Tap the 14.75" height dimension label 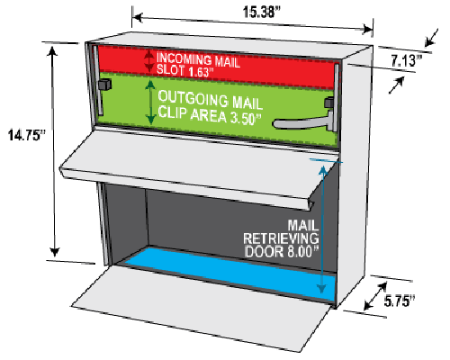coord(27,135)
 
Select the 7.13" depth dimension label coord(407,60)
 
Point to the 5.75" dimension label coord(400,301)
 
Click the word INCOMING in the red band coord(184,58)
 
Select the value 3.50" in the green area coord(245,119)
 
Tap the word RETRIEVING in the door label coord(281,238)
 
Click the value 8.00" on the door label coord(301,251)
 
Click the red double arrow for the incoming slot coord(149,61)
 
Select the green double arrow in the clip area coord(150,103)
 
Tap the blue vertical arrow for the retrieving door coord(322,229)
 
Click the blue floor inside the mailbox coord(231,273)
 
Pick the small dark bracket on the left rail coord(105,84)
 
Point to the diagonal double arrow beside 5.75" coord(375,296)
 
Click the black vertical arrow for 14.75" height coord(54,151)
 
